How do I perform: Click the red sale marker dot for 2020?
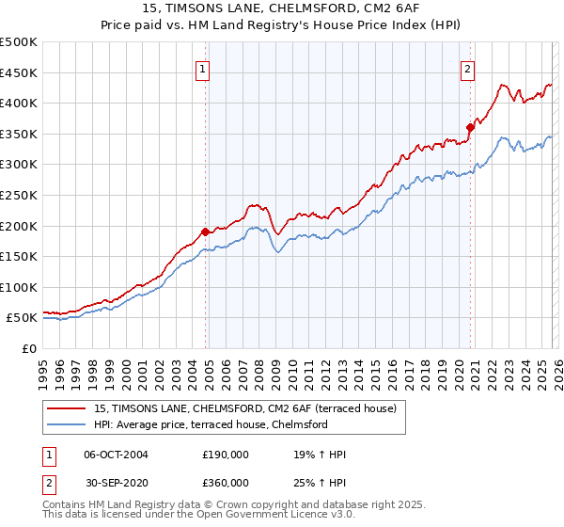(x=469, y=126)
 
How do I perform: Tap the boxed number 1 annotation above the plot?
(x=203, y=68)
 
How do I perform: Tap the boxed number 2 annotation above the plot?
(x=467, y=68)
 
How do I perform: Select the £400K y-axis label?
(x=19, y=103)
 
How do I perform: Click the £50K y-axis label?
(x=22, y=318)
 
